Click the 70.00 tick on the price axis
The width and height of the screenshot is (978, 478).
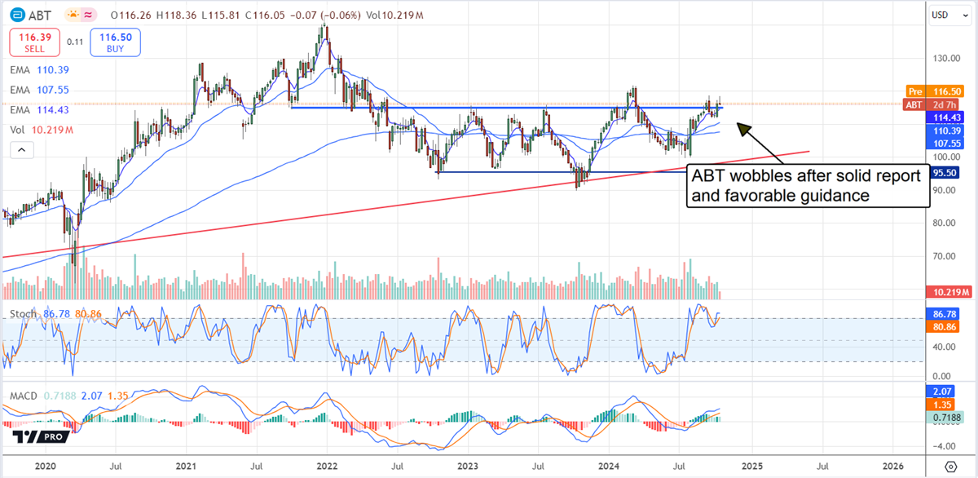click(x=945, y=256)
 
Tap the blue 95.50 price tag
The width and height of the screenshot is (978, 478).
click(x=945, y=173)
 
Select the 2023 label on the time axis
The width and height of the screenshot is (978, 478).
click(x=468, y=467)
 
